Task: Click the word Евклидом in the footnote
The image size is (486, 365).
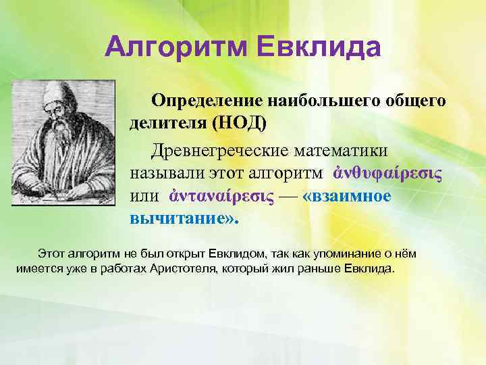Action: (x=240, y=254)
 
